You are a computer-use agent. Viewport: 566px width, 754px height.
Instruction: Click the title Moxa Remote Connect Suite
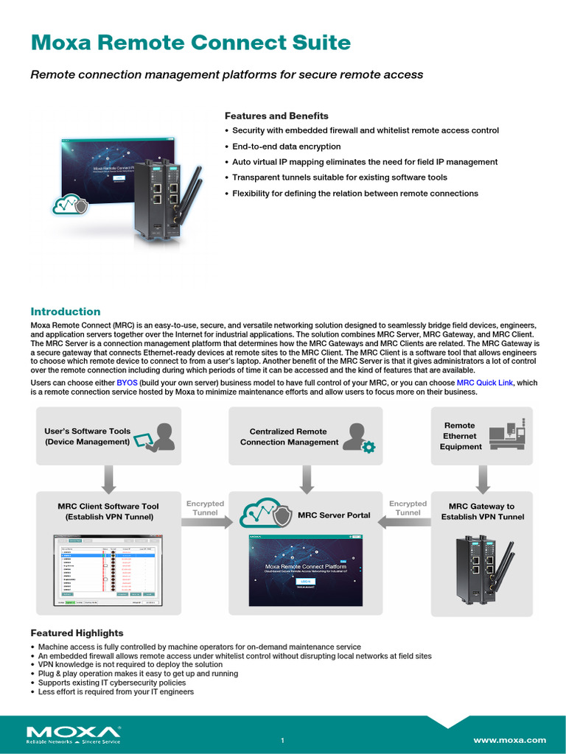click(190, 43)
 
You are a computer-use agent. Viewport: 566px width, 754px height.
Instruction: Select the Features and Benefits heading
click(276, 116)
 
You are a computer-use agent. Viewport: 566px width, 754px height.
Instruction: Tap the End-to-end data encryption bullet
click(287, 147)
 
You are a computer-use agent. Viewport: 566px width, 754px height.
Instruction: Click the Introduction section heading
click(65, 311)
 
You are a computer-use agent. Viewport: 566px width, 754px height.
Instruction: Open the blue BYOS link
click(127, 383)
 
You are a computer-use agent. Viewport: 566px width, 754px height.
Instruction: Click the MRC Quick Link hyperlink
click(484, 383)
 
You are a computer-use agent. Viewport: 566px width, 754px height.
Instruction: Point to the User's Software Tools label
click(87, 437)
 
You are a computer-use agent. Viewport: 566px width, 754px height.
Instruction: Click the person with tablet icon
click(159, 436)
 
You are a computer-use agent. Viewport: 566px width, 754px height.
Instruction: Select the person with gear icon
click(361, 437)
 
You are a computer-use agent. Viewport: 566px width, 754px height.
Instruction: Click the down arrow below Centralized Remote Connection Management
click(304, 479)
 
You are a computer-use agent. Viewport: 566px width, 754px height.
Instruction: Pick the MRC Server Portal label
click(334, 515)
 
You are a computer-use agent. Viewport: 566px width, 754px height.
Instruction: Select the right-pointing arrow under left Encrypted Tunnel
click(204, 521)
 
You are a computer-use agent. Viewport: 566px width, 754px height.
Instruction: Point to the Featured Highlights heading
click(77, 633)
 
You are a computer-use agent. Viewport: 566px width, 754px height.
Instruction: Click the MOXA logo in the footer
click(74, 734)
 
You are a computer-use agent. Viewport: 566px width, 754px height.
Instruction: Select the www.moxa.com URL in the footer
click(509, 740)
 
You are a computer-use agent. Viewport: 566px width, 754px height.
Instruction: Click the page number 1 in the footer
click(282, 740)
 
